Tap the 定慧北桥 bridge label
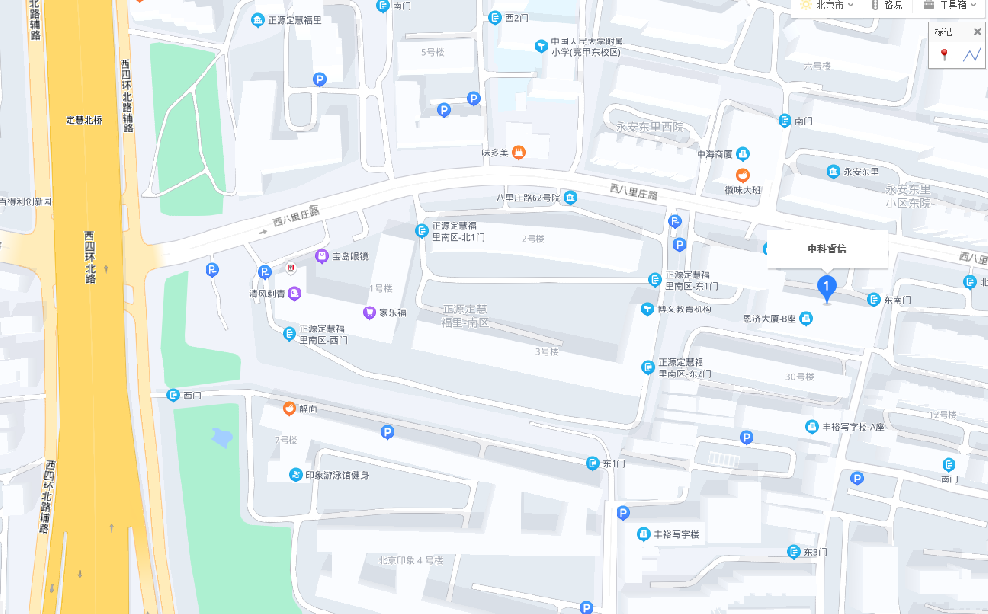click(84, 120)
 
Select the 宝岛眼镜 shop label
click(349, 256)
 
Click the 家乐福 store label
click(393, 313)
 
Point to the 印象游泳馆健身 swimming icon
click(295, 475)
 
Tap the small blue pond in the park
click(224, 436)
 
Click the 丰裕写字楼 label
click(676, 534)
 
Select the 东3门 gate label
click(814, 551)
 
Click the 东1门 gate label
click(613, 463)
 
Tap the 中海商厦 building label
click(713, 154)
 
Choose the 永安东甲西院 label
click(649, 127)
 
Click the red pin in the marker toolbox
click(944, 55)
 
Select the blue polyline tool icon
click(970, 55)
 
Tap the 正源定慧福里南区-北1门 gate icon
click(421, 231)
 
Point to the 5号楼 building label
click(433, 51)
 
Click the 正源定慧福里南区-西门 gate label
click(323, 334)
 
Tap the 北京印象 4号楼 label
click(414, 560)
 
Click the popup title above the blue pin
click(827, 248)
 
